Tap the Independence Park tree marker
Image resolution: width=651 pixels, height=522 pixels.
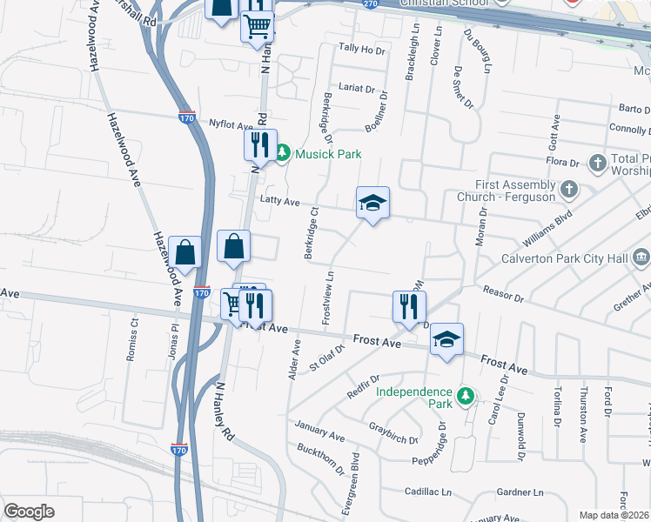pyautogui.click(x=466, y=398)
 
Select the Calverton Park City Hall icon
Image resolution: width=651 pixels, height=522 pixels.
pyautogui.click(x=641, y=258)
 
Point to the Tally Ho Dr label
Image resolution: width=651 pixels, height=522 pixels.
pyautogui.click(x=361, y=50)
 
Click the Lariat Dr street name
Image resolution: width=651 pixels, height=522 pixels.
pyautogui.click(x=357, y=89)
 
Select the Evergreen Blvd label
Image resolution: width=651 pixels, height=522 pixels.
pyautogui.click(x=355, y=474)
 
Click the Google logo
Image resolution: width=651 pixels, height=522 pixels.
pyautogui.click(x=29, y=512)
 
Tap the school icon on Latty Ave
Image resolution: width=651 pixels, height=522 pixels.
pyautogui.click(x=372, y=204)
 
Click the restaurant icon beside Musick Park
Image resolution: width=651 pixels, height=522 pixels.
pyautogui.click(x=259, y=144)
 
